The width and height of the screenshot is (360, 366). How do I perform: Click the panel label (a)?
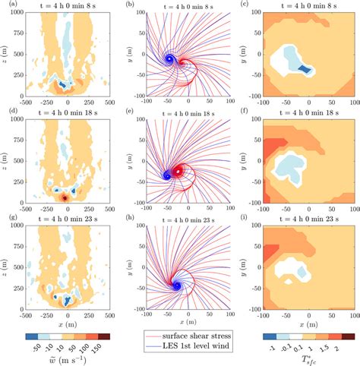6,5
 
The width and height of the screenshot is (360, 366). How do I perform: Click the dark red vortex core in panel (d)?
65,197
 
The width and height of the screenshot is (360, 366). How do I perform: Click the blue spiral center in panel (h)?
175,285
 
